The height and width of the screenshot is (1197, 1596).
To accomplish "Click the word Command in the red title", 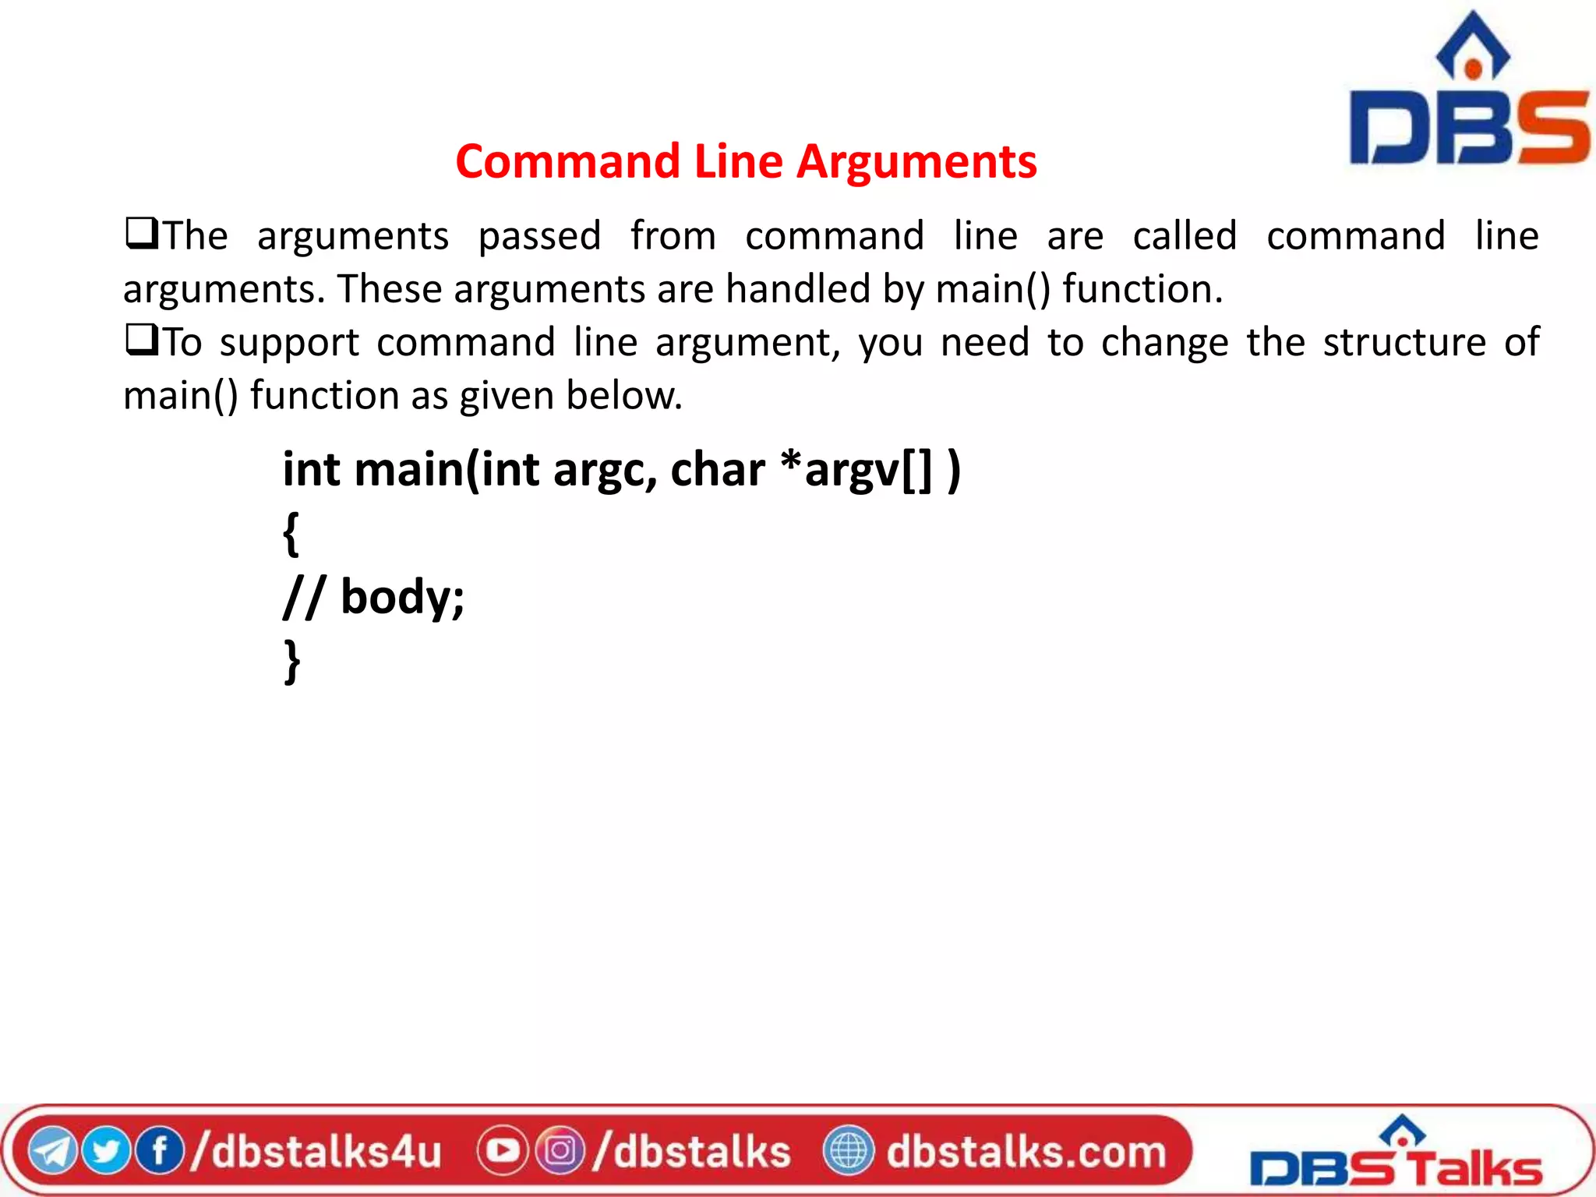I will (x=568, y=162).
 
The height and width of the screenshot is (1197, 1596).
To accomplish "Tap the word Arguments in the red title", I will (x=916, y=162).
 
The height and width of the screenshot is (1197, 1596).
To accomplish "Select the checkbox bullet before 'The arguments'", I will (x=141, y=234).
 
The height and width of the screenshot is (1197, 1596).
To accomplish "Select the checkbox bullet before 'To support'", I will (x=141, y=341).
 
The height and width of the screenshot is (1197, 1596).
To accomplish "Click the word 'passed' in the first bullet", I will (x=539, y=237).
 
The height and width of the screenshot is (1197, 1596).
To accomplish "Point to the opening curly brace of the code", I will (x=291, y=534).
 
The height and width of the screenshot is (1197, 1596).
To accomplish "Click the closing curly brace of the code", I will (x=291, y=662).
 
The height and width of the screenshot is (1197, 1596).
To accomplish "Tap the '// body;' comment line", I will (x=373, y=598).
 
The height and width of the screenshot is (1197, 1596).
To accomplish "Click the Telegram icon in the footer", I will (x=52, y=1152).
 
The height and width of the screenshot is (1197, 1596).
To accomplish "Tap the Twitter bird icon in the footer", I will (x=106, y=1152).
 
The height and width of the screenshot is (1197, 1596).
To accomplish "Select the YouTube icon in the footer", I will (x=503, y=1151).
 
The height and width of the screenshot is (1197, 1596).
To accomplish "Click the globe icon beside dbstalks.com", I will (x=849, y=1151).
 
